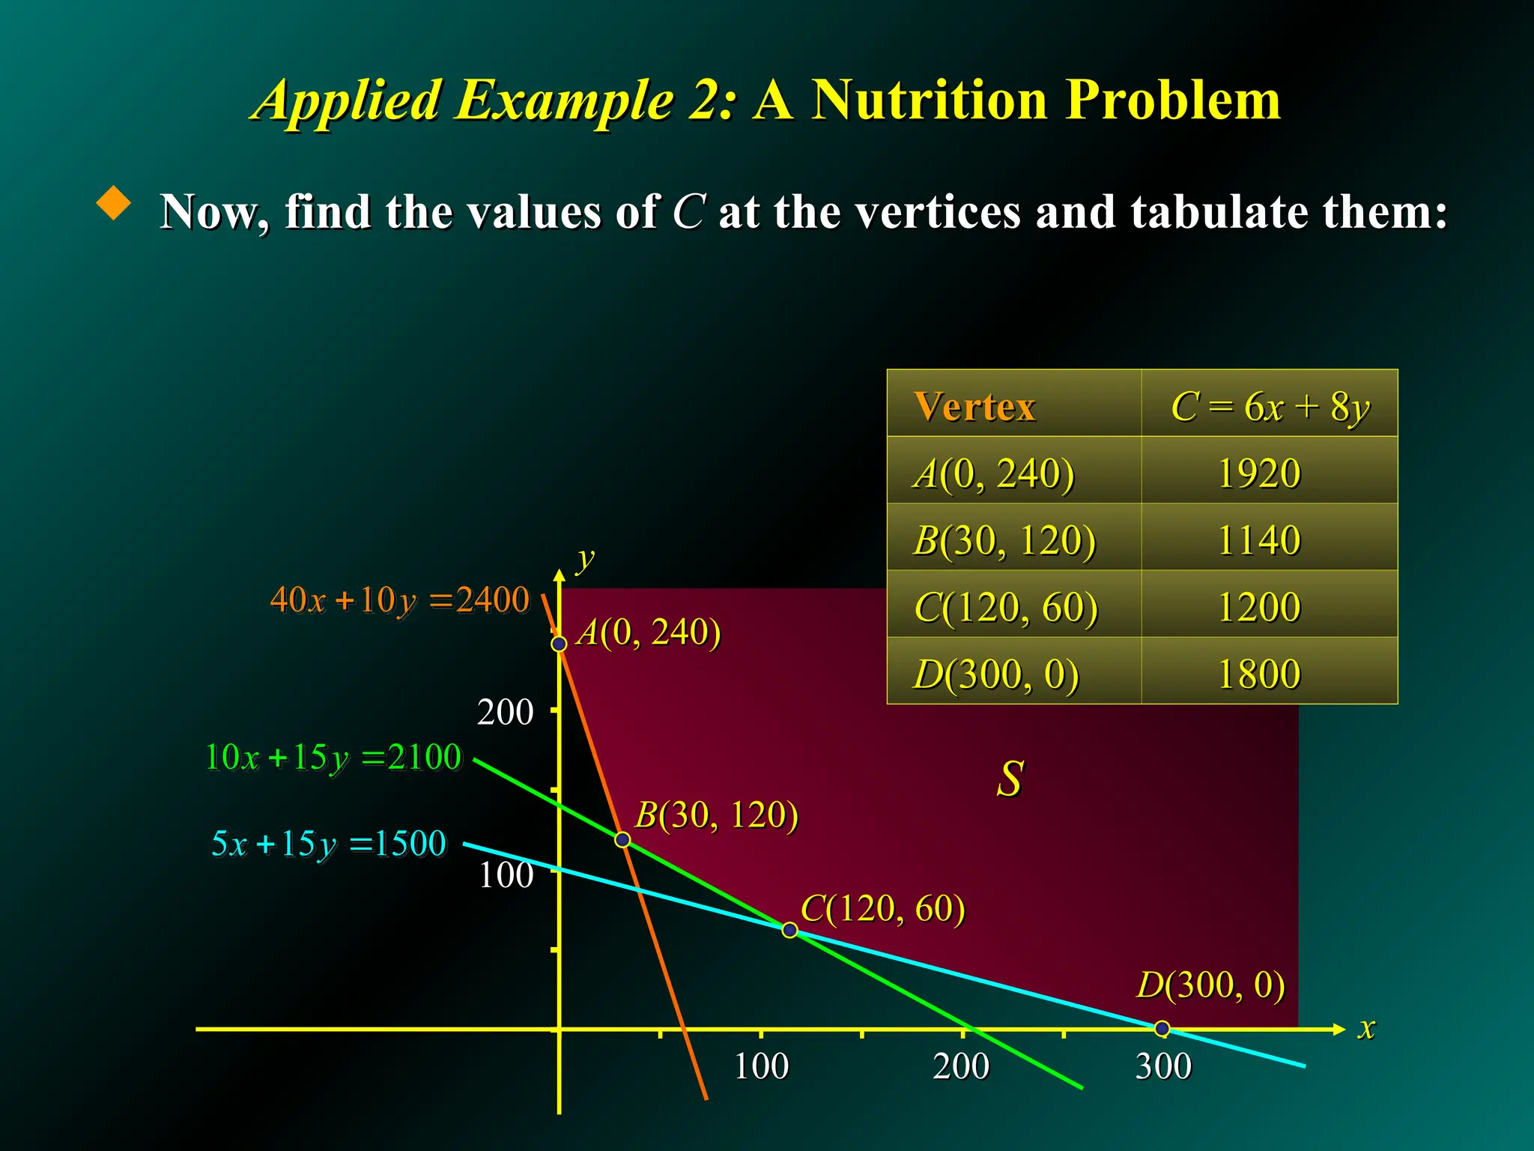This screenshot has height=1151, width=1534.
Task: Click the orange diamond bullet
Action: click(x=114, y=203)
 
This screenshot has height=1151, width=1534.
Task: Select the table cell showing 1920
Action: click(x=1260, y=474)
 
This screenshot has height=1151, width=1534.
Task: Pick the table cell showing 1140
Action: click(x=1260, y=540)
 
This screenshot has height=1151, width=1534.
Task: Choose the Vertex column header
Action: click(x=974, y=407)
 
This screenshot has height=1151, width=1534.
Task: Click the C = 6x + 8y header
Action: click(x=1270, y=407)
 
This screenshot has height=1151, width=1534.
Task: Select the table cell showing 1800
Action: click(x=1260, y=674)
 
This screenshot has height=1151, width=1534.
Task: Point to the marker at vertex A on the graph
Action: click(x=559, y=644)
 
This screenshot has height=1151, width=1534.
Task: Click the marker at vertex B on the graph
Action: click(x=622, y=839)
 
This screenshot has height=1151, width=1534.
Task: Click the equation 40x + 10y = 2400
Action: click(x=399, y=600)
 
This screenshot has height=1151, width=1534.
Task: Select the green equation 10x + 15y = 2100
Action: click(x=333, y=758)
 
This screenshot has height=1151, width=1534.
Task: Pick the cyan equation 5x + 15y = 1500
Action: click(x=329, y=845)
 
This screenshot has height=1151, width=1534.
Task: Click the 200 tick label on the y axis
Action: click(x=505, y=713)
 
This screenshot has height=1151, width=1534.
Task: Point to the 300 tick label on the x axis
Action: click(x=1162, y=1066)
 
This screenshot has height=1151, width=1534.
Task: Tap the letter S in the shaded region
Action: click(x=1010, y=779)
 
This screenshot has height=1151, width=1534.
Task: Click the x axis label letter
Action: click(x=1366, y=1028)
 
